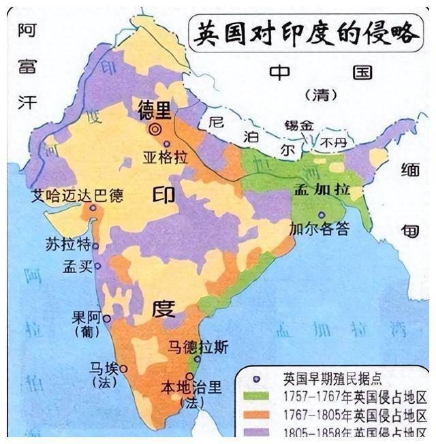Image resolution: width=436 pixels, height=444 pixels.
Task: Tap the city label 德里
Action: [x=155, y=110]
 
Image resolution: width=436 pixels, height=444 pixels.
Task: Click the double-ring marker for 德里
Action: [x=157, y=127]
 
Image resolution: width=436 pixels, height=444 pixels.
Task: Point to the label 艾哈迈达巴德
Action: [x=78, y=197]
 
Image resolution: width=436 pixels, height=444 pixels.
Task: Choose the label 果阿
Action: [x=85, y=317]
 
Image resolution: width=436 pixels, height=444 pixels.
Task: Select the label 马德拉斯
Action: [x=198, y=347]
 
